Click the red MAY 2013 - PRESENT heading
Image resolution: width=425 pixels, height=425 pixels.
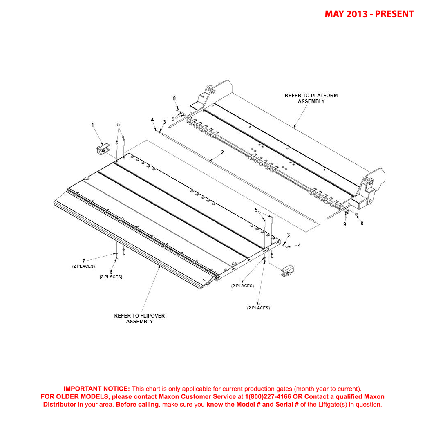coord(369,14)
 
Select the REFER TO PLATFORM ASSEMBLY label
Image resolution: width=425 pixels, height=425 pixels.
coord(311,98)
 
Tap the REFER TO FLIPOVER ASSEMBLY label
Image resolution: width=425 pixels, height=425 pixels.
coord(139,318)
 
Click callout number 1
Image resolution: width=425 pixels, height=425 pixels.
coord(92,125)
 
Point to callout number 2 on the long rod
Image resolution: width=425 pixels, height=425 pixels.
coord(222,152)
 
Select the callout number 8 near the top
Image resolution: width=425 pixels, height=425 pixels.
coord(174,98)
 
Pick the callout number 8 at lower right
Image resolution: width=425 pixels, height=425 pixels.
coord(362,224)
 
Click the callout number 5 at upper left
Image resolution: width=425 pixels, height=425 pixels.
coord(119,124)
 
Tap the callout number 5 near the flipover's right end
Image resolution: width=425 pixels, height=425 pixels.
coord(256,210)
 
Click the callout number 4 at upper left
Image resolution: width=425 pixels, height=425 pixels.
coord(152,120)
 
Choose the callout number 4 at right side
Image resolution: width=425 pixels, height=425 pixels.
coord(299,245)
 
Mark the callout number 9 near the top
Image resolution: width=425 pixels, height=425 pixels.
coord(173,119)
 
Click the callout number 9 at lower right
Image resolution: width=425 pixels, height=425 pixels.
coord(344,224)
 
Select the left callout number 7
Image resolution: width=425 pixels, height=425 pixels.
coord(83,261)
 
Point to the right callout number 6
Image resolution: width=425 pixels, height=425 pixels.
coord(258,303)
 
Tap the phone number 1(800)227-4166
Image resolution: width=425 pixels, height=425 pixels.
coord(268,396)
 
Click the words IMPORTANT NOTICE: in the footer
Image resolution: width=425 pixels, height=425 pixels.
coord(96,389)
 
